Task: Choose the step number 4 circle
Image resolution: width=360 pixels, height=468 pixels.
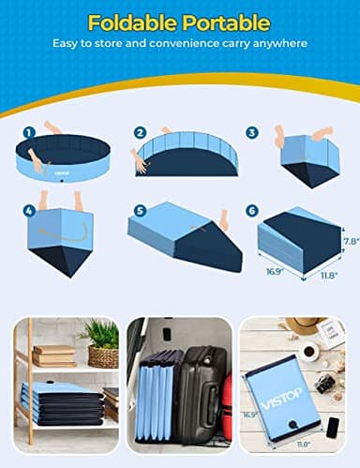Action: click(x=29, y=211)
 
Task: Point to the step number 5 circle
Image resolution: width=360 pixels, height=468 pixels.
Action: click(x=140, y=211)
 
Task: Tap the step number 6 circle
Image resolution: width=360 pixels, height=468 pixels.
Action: click(x=252, y=211)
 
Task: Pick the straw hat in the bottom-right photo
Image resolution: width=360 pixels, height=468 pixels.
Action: click(x=302, y=325)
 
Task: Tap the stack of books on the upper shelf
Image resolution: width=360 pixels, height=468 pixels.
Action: click(x=53, y=355)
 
